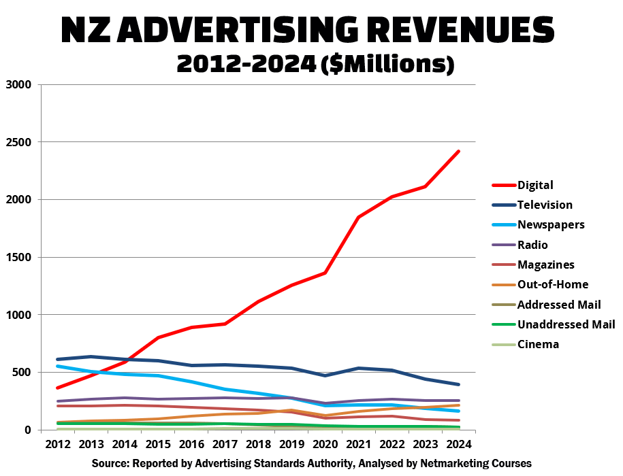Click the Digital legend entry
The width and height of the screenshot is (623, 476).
535,185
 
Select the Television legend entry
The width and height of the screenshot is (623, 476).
545,205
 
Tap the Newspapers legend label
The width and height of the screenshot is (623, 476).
551,224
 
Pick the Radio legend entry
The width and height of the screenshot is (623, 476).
532,245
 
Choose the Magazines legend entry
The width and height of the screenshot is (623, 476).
546,265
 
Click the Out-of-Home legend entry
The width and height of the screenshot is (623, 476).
553,284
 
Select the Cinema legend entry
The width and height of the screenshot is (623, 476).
538,344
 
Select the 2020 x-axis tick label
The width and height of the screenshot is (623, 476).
325,444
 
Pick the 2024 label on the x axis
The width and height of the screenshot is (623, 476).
459,444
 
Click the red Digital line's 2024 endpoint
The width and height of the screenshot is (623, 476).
459,152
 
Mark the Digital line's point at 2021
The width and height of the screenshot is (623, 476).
359,218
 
